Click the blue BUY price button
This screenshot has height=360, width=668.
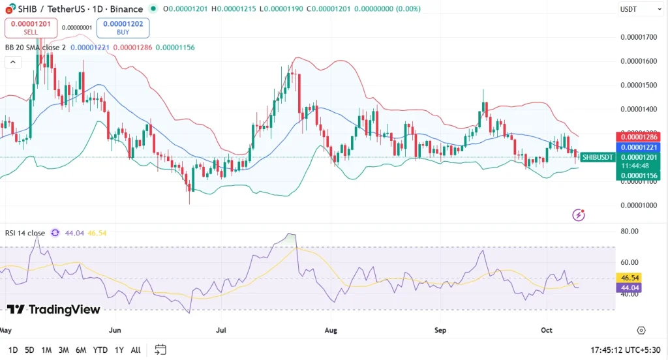point(123,27)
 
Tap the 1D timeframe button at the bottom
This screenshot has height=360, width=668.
point(13,350)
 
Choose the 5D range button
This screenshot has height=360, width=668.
point(29,350)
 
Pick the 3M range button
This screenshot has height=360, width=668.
point(63,350)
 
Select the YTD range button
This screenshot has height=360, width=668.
point(100,350)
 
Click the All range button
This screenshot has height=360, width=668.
point(136,350)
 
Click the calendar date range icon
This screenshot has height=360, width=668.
point(160,350)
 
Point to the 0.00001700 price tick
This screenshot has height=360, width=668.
point(638,37)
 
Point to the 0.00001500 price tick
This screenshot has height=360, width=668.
point(638,85)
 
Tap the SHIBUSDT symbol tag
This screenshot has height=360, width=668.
point(597,157)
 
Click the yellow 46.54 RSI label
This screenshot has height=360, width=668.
point(629,277)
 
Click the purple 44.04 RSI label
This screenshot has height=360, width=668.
point(629,287)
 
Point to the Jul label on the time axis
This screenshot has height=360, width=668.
point(222,331)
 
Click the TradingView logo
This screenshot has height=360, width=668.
point(53,310)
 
